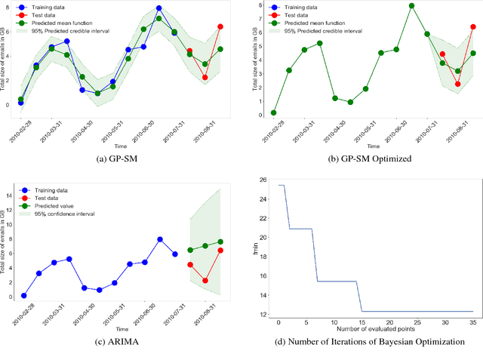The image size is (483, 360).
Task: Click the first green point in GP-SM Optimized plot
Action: pyautogui.click(x=273, y=112)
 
